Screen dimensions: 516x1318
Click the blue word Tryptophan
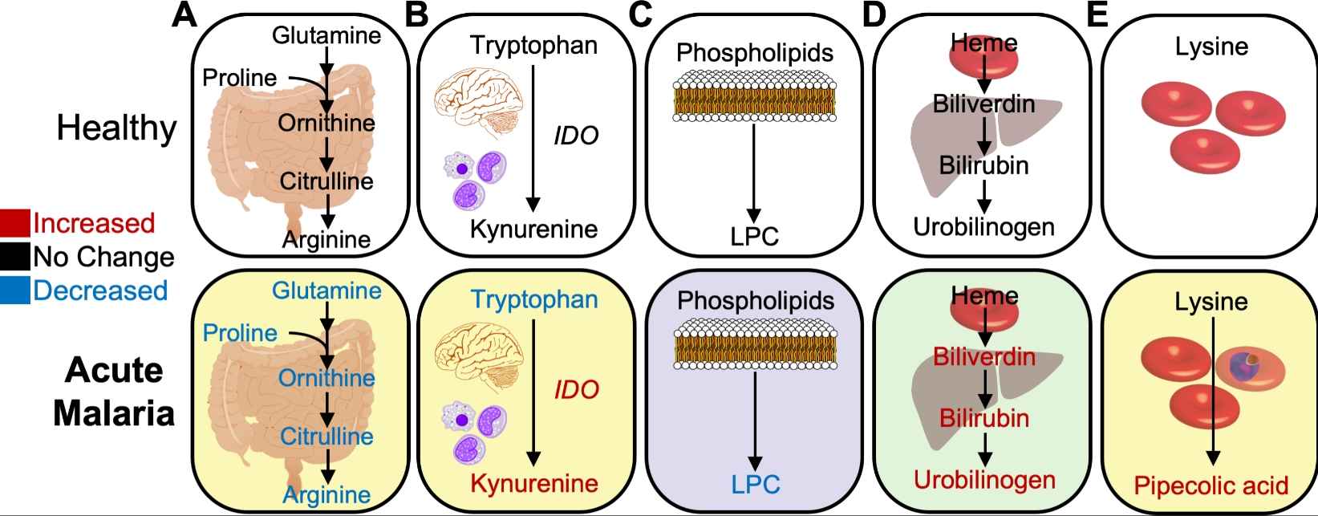click(x=534, y=300)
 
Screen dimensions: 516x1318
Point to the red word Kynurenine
click(x=534, y=483)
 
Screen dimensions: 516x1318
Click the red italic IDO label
click(x=576, y=390)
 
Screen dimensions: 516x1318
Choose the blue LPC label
click(x=755, y=484)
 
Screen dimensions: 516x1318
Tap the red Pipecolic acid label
click(x=1211, y=485)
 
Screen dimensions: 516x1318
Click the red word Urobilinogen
click(x=984, y=480)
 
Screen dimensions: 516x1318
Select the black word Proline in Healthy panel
click(x=239, y=78)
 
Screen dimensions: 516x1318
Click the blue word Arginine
click(x=326, y=495)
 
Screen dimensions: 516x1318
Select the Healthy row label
click(x=116, y=128)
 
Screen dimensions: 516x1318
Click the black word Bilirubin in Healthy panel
click(x=983, y=165)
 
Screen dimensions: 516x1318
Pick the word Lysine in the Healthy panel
click(x=1211, y=47)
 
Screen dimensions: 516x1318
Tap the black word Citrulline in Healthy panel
click(x=326, y=181)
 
